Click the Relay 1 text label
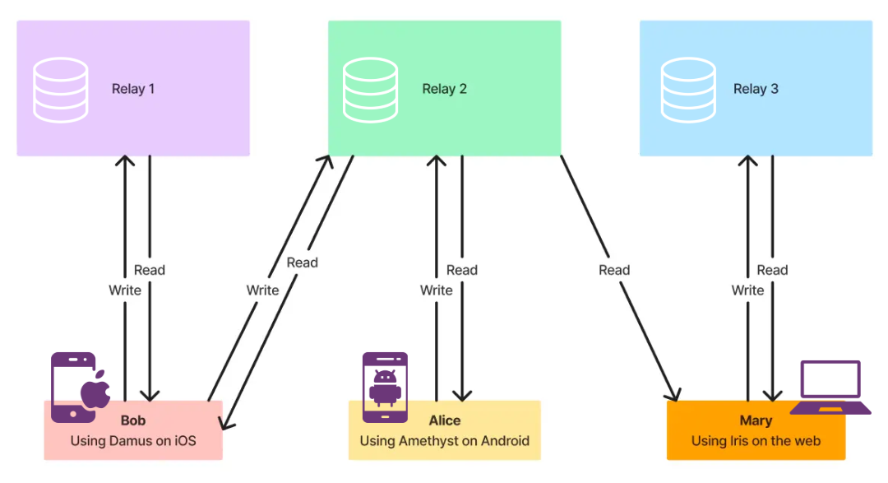click(133, 89)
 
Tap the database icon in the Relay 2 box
click(371, 89)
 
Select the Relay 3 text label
click(756, 89)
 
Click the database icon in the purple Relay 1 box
click(60, 89)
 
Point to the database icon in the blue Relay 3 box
click(687, 89)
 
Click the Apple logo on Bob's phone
click(96, 390)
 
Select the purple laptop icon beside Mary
click(830, 388)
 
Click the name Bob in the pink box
click(132, 420)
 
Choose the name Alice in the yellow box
click(444, 420)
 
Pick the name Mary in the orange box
click(756, 420)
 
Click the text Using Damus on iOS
click(133, 441)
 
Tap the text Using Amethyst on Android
click(444, 441)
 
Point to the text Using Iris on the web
click(756, 441)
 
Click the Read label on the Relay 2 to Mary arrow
click(614, 270)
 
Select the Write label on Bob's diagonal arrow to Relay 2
click(262, 290)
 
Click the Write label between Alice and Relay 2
click(436, 290)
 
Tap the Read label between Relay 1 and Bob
click(150, 270)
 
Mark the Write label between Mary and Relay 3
click(747, 290)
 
